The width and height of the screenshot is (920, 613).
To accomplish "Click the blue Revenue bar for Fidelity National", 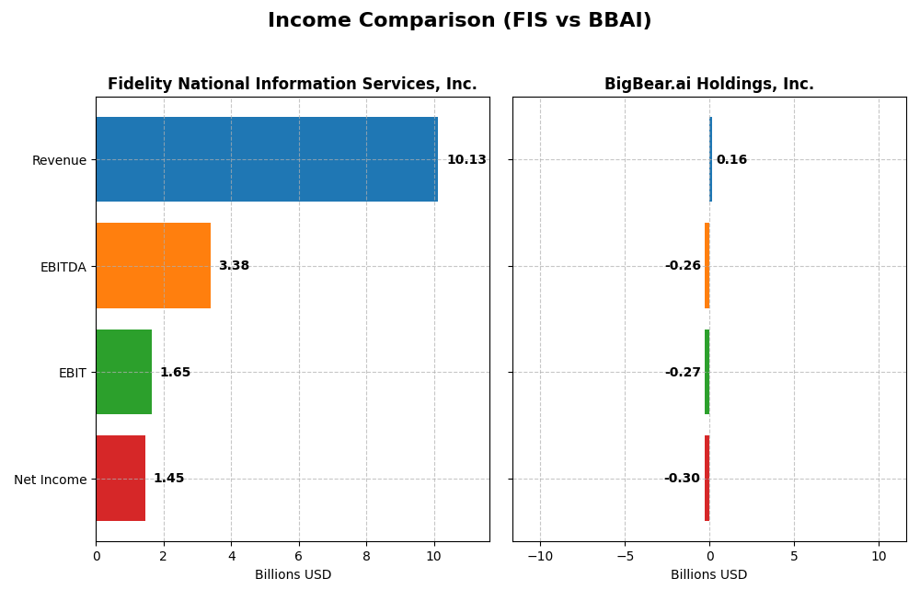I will pos(267,159).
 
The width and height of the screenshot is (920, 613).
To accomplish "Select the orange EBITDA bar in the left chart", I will pos(153,266).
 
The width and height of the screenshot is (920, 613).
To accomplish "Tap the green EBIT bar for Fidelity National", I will pos(123,372).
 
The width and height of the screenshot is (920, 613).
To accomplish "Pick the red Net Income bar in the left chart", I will pos(121,479).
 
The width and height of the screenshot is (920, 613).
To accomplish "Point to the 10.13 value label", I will pos(466,160).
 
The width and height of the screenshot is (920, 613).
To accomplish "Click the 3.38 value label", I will pos(234,266).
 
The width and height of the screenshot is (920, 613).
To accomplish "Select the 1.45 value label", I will pos(168,479).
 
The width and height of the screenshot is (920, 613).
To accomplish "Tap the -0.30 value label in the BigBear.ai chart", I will pos(682,479).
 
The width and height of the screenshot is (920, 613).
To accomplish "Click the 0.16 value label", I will pos(731,160).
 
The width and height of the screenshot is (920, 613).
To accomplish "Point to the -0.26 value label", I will pos(683,266).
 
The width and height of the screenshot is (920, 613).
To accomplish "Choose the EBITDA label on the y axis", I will pos(63,267).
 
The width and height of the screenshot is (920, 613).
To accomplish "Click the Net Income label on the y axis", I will pos(50,480).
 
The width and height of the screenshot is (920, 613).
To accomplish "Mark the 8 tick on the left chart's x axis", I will pos(366,556).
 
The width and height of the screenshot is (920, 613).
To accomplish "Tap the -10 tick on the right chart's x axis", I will pos(539,556).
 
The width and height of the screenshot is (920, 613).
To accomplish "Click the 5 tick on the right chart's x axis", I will pos(794,556).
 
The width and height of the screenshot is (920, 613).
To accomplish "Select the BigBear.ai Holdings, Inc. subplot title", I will pos(708,85).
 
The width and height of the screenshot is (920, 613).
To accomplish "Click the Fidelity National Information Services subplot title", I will pos(292,85).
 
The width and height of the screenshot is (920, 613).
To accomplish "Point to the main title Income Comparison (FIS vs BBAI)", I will pos(459,20).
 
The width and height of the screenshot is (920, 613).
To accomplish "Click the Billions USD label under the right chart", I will pos(708,575).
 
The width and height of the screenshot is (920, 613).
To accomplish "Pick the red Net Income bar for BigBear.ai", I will pos(707,479).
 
